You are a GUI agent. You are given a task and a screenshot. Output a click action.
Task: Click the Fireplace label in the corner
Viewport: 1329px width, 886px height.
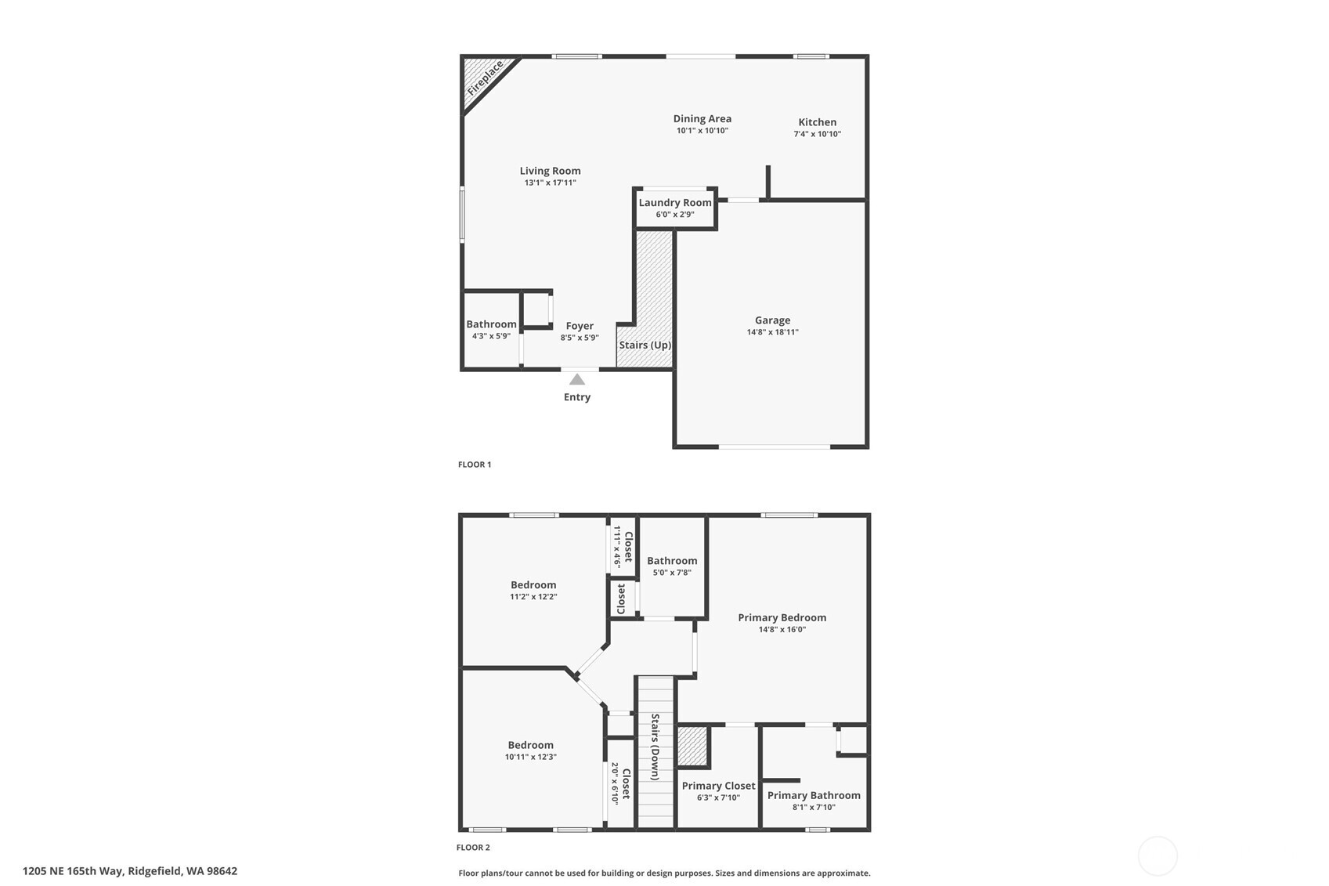[x=485, y=79]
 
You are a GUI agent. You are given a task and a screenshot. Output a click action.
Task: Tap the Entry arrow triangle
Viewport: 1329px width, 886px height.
[x=577, y=380]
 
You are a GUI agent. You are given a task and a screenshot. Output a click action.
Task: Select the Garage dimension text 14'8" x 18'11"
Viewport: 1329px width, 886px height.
[x=772, y=332]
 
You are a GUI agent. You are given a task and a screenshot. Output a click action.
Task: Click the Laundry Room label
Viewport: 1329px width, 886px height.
[x=675, y=202]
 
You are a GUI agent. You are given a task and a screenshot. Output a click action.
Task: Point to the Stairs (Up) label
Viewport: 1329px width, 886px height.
[x=645, y=345]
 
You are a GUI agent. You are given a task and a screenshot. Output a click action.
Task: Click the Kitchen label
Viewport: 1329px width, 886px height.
[x=817, y=122]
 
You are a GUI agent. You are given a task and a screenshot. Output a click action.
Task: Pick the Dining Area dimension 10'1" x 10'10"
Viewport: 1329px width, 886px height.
[x=702, y=131]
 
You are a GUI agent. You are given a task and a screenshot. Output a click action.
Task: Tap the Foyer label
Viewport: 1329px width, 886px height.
[x=580, y=326]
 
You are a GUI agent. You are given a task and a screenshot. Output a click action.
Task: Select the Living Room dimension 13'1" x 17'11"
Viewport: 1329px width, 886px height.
[x=550, y=183]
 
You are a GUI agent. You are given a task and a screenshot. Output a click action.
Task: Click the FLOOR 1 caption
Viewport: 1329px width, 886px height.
[x=475, y=465]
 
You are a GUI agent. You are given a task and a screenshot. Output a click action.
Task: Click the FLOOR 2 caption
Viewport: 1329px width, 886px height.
[x=473, y=848]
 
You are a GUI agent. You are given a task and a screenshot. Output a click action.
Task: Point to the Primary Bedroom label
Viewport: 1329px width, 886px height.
[x=782, y=617]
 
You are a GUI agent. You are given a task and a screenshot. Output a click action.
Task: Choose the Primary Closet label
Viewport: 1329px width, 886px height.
[x=718, y=786]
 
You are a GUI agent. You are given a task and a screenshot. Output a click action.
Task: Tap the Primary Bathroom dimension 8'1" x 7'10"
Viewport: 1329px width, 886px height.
[x=814, y=807]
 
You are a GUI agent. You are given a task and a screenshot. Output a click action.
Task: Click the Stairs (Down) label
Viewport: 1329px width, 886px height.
[x=655, y=747]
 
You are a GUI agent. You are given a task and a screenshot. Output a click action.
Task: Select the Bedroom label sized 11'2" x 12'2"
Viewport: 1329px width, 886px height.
[x=533, y=584]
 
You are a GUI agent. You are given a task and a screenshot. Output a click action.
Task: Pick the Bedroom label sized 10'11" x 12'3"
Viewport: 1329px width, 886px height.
[x=530, y=745]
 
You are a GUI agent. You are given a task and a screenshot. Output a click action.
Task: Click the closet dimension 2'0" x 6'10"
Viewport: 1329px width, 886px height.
[x=616, y=783]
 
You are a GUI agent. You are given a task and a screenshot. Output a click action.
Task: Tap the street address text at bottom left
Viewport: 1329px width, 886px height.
[x=130, y=871]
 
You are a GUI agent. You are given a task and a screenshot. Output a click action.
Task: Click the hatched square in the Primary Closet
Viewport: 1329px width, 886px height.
[x=693, y=746]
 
